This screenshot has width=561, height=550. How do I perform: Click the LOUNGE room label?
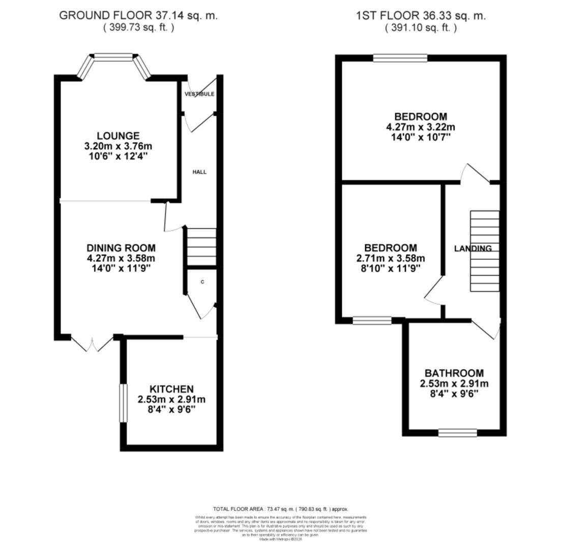[118, 136]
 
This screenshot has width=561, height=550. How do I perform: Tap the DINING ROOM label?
[121, 248]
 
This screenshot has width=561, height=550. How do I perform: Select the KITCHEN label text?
[171, 389]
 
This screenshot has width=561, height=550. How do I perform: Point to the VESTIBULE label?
[199, 94]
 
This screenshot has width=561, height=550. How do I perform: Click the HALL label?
[199, 172]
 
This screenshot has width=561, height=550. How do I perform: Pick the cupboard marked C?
[202, 282]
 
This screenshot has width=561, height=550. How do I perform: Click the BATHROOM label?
[454, 373]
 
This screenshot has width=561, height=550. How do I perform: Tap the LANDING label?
[473, 249]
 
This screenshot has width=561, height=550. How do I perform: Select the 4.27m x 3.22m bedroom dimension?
[421, 127]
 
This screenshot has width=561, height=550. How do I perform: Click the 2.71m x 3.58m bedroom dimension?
[391, 258]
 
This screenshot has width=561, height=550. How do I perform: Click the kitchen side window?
[123, 403]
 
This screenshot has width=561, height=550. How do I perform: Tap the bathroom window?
[457, 433]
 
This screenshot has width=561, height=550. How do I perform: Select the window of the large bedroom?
[400, 59]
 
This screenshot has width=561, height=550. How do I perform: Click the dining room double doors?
[92, 344]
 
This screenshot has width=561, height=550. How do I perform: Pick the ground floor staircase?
[202, 246]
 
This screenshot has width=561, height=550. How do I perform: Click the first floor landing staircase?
[485, 251]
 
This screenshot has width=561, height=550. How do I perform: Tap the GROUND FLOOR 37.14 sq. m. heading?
[138, 15]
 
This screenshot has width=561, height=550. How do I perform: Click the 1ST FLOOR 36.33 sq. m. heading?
[421, 15]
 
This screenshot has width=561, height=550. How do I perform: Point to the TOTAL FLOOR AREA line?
[280, 509]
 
